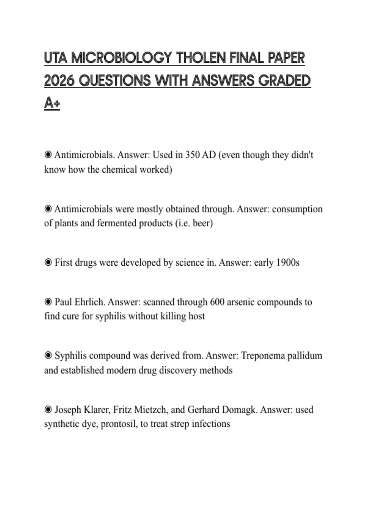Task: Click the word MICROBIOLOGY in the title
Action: coord(121,58)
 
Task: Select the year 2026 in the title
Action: coord(59,81)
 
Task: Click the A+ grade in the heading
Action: coord(52,103)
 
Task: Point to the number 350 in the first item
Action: coord(192,155)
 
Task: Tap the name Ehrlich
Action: coord(90,302)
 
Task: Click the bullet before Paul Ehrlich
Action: coord(48,302)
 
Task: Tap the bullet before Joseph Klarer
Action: coord(48,409)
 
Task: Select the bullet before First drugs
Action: coord(48,263)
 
